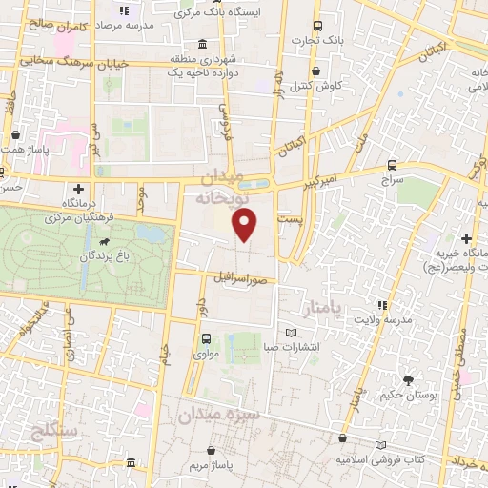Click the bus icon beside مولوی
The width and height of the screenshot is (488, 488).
207,338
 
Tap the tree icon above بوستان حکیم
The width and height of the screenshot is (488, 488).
411,378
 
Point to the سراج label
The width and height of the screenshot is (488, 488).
391,179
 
